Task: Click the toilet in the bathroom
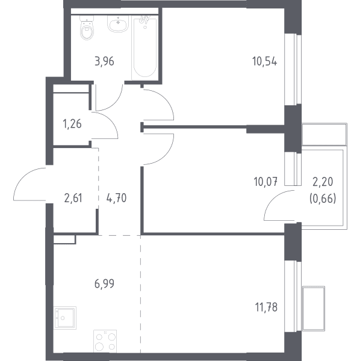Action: point(87,28)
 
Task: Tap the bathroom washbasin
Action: point(118,23)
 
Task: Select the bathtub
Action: point(145,48)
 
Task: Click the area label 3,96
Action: point(104,61)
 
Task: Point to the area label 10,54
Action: point(265,61)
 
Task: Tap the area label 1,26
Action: point(72,124)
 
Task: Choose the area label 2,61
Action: point(73,198)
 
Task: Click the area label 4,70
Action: point(116,198)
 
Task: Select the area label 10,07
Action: point(265,182)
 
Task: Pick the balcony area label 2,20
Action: point(323,182)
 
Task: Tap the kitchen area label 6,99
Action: point(104,283)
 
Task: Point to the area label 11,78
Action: point(266,307)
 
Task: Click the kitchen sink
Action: point(65,318)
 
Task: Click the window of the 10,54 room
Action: point(293,70)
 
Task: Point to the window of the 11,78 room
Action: point(293,296)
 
